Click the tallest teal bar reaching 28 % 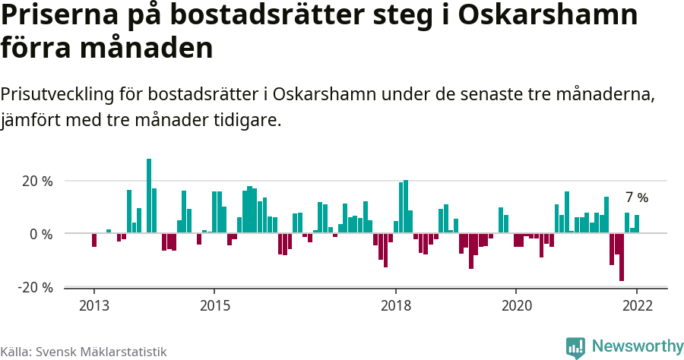[149, 196]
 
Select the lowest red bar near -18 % [622, 257]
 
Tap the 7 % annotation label [637, 197]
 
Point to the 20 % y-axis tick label [36, 182]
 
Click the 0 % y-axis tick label [41, 234]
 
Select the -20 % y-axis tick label [35, 287]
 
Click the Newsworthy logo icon [575, 347]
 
